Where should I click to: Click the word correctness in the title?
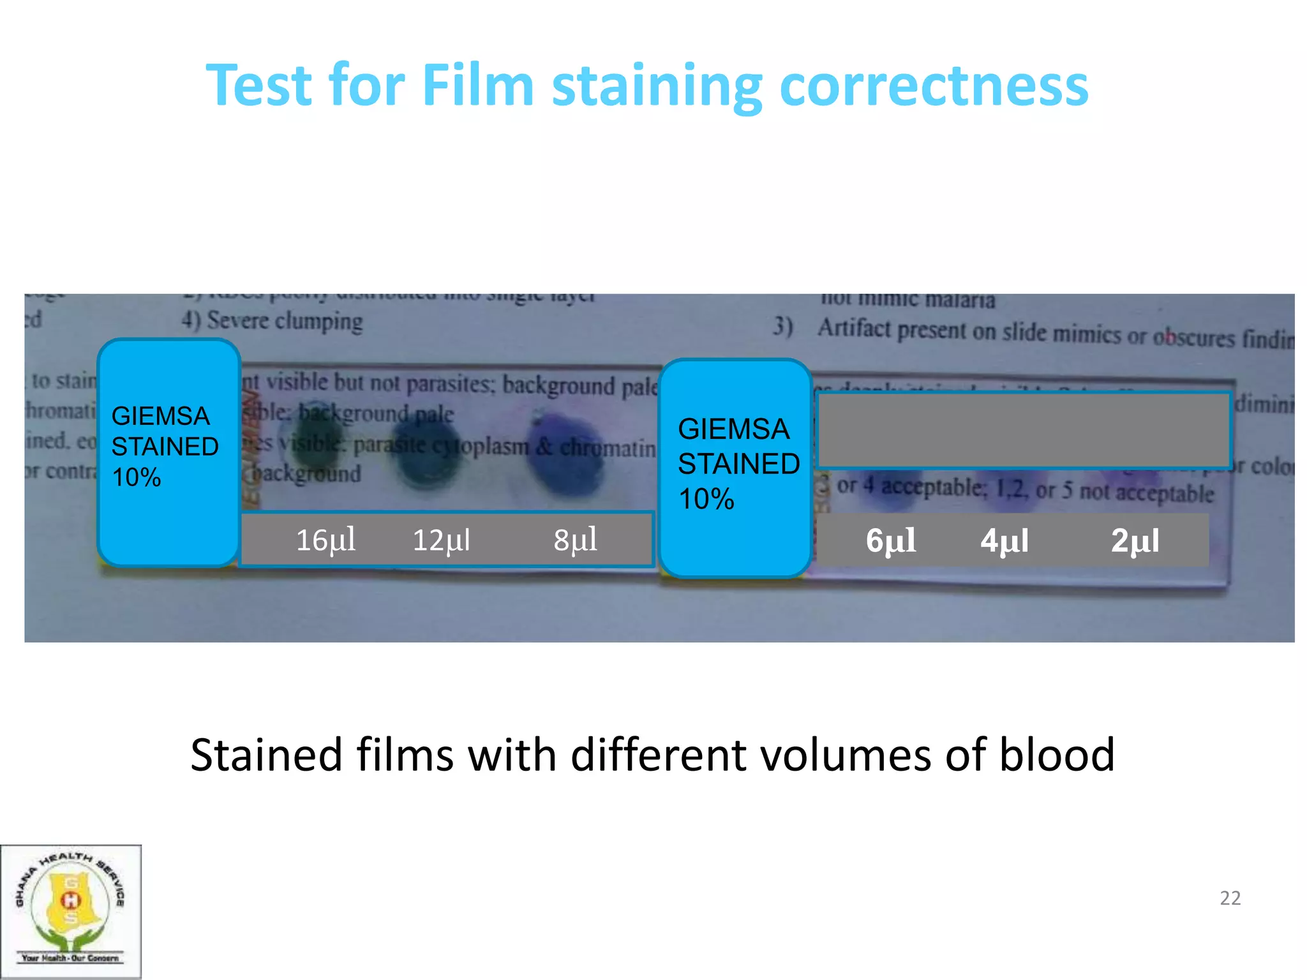coord(934,86)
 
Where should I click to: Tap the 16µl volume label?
coord(325,540)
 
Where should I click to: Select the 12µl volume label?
coord(442,540)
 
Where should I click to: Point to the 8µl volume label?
coord(575,540)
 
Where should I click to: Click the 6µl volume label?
coord(890,541)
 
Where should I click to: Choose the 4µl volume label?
coord(1005,541)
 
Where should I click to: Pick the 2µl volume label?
coord(1135,541)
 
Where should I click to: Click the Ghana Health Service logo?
coord(70,910)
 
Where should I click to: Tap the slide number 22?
coord(1230,898)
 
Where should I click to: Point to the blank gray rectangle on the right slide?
coord(1023,430)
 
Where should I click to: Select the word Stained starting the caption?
coord(266,755)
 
